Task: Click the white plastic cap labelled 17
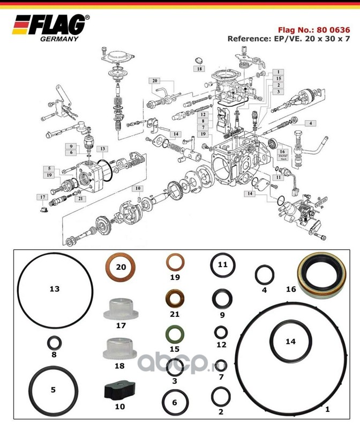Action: pyautogui.click(x=120, y=308)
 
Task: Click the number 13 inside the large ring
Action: pyautogui.click(x=54, y=289)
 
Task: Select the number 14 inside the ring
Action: pyautogui.click(x=290, y=341)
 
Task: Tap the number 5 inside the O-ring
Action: pyautogui.click(x=53, y=390)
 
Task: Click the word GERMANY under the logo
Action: pyautogui.click(x=59, y=39)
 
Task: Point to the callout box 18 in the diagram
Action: pyautogui.click(x=199, y=69)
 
